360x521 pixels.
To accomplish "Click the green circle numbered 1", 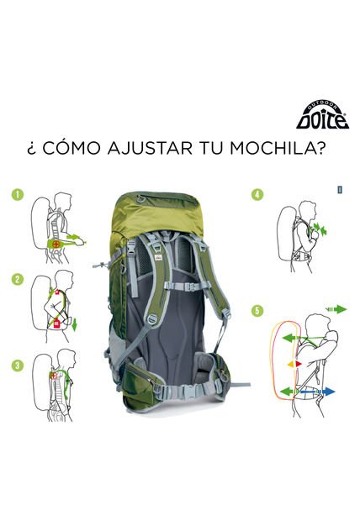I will tap(17, 195).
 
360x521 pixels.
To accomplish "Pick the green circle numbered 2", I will tap(17, 279).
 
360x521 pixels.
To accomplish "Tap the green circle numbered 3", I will tap(17, 365).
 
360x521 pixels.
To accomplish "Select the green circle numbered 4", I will tap(257, 195).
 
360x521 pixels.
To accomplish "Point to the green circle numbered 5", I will tap(257, 310).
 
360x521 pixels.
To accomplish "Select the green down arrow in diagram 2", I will tap(75, 323).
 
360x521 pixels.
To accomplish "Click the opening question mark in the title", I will tap(31, 150).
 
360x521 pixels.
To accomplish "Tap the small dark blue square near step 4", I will tap(339, 189).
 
